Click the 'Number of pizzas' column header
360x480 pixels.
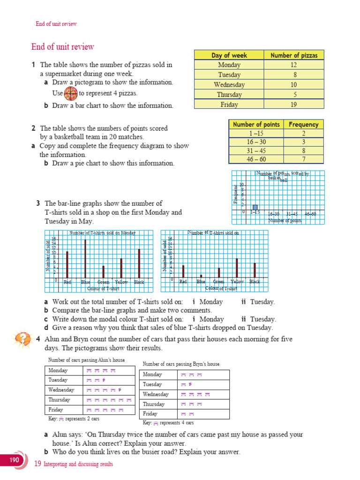(294, 55)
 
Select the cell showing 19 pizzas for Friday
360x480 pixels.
(294, 105)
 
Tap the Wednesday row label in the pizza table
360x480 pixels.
(229, 85)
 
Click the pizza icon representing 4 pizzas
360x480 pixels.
(70, 93)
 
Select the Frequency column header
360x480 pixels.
(303, 125)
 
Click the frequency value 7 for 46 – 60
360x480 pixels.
(303, 159)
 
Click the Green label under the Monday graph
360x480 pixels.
(103, 282)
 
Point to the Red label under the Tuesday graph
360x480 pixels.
(183, 282)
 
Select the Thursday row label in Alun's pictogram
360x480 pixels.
(59, 400)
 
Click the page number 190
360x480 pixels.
(15, 460)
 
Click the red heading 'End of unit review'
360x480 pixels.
(62, 47)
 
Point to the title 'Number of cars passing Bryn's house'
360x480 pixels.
(181, 364)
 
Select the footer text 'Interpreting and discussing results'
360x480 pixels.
(78, 464)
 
